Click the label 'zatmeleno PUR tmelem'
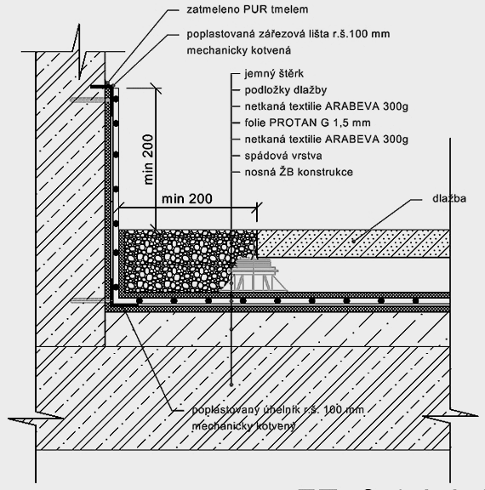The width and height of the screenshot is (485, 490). coord(248,9)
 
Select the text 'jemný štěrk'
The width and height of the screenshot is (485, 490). coord(274,74)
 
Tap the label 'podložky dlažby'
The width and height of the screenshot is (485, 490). coord(286,90)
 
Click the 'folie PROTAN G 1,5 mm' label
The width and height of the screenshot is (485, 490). coord(307,122)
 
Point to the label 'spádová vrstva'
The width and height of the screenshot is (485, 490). coord(283,156)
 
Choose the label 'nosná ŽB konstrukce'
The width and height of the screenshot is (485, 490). coord(299,172)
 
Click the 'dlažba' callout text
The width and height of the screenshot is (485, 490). coord(449,198)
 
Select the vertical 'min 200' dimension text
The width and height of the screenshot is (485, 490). coord(149,160)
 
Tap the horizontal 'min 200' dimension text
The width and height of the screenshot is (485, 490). coord(187,199)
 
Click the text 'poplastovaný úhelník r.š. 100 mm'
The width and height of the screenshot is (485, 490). coord(278,410)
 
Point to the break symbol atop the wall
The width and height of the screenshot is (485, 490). coord(79,51)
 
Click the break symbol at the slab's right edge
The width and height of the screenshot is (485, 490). coord(450,417)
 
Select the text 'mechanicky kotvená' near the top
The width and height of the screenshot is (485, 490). coord(239,50)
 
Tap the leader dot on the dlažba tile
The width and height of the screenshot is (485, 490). coord(354,241)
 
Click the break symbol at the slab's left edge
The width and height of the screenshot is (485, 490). coord(36,419)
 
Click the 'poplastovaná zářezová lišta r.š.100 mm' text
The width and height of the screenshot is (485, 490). coord(288,34)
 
